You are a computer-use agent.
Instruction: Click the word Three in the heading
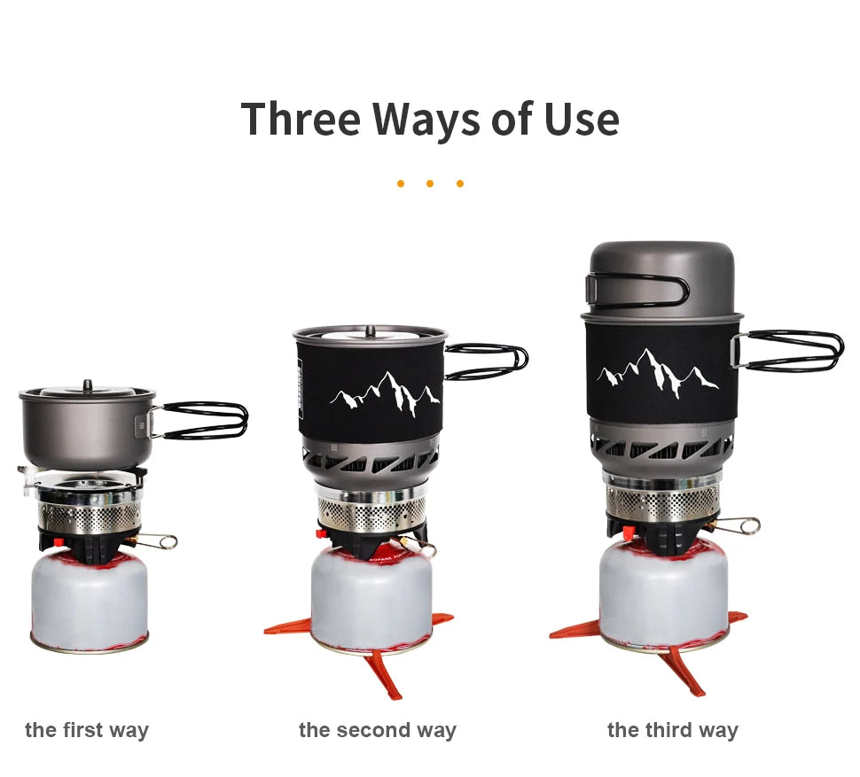pyautogui.click(x=301, y=119)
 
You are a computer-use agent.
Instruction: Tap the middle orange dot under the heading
pyautogui.click(x=430, y=183)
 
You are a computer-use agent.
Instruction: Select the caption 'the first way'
pyautogui.click(x=87, y=730)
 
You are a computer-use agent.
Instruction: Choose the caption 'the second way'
pyautogui.click(x=378, y=730)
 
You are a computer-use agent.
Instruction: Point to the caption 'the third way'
pyautogui.click(x=672, y=730)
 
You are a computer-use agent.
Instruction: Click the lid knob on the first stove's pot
pyautogui.click(x=87, y=385)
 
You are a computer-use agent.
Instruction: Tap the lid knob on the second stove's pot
pyautogui.click(x=371, y=330)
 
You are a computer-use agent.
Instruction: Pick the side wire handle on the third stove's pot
pyautogui.click(x=787, y=351)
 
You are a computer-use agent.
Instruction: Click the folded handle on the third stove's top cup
pyautogui.click(x=637, y=290)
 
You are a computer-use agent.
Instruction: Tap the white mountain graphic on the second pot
pyautogui.click(x=386, y=393)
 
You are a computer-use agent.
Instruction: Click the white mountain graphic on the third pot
pyautogui.click(x=658, y=372)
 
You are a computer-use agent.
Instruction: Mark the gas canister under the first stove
pyautogui.click(x=90, y=601)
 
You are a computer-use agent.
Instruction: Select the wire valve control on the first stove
pyautogui.click(x=153, y=541)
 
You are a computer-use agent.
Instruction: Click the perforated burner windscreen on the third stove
pyautogui.click(x=662, y=502)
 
